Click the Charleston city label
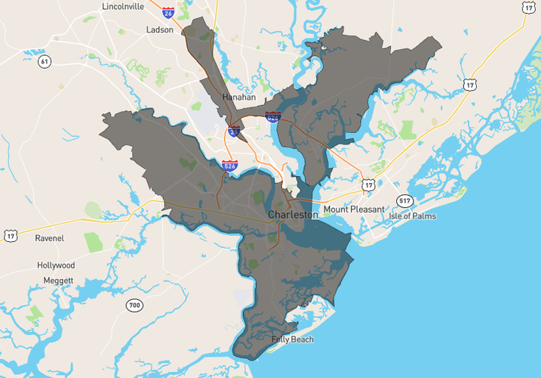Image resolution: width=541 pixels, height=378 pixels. [293, 215]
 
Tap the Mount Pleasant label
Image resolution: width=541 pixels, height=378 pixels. [353, 209]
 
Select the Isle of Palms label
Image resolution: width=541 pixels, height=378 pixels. [414, 215]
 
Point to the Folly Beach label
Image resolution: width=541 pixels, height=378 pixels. [293, 339]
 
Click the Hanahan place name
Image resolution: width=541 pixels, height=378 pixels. [239, 98]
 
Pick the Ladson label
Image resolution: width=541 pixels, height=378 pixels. [160, 30]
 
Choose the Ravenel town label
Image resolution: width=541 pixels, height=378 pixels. [50, 238]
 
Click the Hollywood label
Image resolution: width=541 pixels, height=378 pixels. [56, 265]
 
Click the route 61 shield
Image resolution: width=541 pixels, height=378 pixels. [45, 61]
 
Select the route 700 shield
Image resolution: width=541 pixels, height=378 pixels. [134, 305]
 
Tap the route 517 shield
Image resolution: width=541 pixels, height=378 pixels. [405, 200]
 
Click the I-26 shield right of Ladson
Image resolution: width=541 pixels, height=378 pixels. [168, 12]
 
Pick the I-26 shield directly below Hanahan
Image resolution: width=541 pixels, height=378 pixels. [235, 132]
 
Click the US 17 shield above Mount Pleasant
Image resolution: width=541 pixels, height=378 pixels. [367, 184]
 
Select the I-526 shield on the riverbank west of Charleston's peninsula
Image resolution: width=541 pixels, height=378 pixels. [229, 165]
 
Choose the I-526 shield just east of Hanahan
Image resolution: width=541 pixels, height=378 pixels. [273, 116]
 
